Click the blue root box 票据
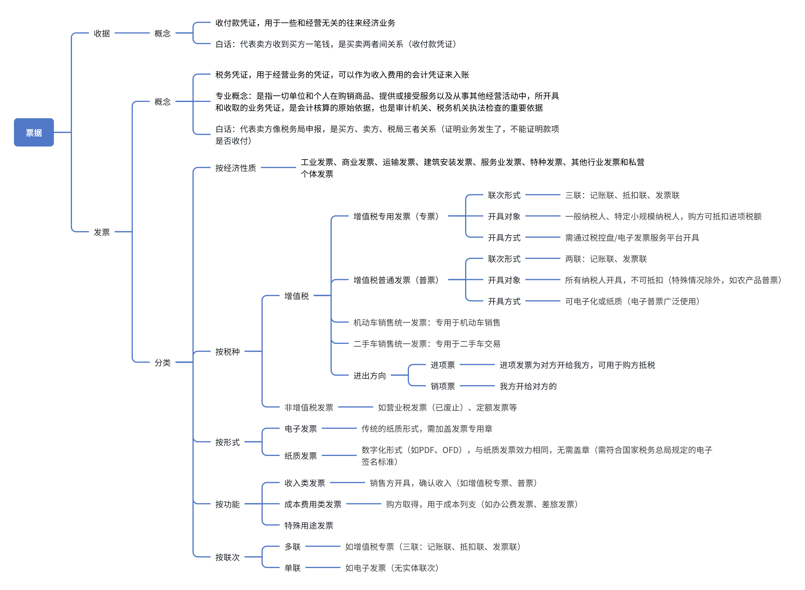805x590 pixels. pos(34,133)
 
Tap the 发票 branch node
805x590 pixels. pos(102,232)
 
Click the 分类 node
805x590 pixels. pos(162,363)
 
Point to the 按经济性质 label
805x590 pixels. pos(235,168)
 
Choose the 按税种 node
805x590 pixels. pos(227,352)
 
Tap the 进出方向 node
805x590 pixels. pos(369,376)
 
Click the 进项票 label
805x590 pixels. pos(443,365)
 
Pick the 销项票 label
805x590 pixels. pos(443,386)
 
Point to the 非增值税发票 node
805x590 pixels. pos(309,407)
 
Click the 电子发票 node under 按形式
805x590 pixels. pos(301,428)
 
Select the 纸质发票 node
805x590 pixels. pos(301,456)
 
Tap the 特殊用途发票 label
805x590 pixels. pos(309,525)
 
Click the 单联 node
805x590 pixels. pos(293,568)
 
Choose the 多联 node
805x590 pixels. pos(293,547)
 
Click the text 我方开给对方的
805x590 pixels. pos(528,386)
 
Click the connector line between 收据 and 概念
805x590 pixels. pos(132,33)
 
